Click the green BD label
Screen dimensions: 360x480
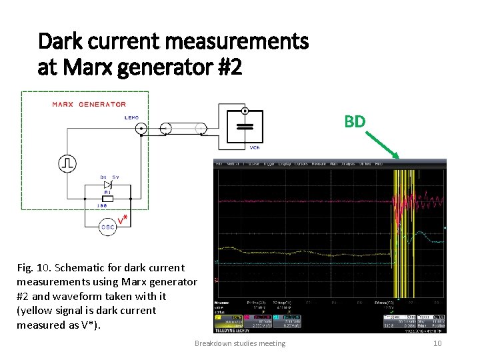coord(355,121)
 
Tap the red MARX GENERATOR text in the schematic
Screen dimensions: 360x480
coord(89,104)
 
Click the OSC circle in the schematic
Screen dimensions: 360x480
coord(107,227)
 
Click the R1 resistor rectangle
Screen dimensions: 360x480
coord(107,198)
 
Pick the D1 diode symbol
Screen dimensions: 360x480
coord(107,185)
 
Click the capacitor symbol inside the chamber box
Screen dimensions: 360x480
coord(245,126)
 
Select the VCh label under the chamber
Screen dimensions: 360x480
coord(255,147)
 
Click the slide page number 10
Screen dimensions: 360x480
coord(437,343)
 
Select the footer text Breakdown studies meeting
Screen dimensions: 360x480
coord(239,343)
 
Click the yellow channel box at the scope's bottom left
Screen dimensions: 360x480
coord(228,319)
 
